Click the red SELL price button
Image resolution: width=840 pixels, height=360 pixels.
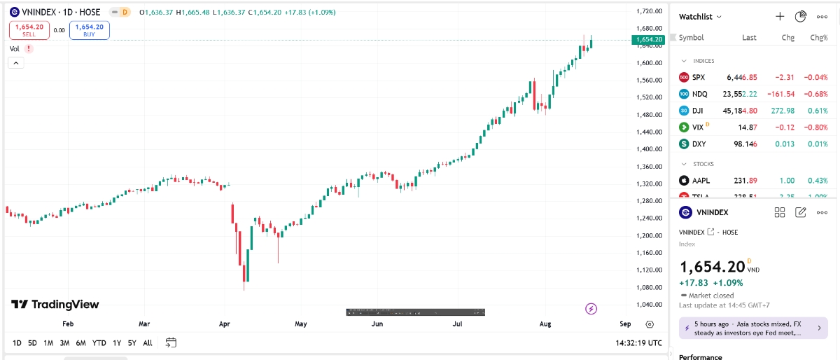[29, 30]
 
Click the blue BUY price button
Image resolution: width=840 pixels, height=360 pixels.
[89, 30]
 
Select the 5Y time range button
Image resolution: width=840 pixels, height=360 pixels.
[132, 342]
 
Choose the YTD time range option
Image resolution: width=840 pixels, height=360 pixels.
[99, 342]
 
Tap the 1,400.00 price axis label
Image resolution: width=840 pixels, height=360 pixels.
[649, 149]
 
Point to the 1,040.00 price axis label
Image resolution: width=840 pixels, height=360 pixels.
[649, 305]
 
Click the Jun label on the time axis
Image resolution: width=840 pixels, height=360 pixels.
[377, 324]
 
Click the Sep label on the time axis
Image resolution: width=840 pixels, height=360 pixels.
[625, 324]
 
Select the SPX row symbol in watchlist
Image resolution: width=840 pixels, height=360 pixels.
[698, 77]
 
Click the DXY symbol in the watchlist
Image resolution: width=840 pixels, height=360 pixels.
[699, 144]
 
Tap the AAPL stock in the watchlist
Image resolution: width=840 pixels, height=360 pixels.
[701, 180]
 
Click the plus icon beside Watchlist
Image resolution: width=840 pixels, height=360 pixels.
[780, 16]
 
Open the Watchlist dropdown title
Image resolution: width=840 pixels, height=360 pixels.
[701, 16]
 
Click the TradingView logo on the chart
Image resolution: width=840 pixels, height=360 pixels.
[55, 305]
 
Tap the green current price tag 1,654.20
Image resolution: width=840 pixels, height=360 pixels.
[648, 40]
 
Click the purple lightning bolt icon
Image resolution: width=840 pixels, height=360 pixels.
[591, 308]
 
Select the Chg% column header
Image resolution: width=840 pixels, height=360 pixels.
[818, 38]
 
